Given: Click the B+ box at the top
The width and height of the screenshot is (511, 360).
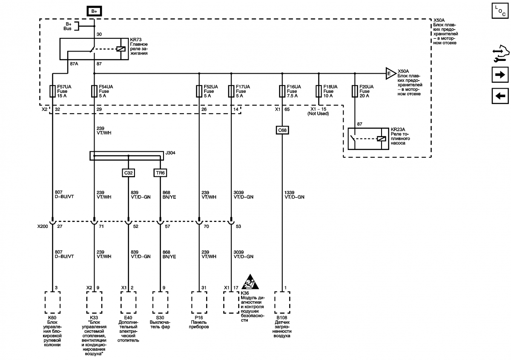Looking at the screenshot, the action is (94, 11).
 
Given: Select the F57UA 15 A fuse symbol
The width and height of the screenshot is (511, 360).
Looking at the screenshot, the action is (52, 91).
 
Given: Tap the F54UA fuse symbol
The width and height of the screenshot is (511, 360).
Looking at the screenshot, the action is (94, 91).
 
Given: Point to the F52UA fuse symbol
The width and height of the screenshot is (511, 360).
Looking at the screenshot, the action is (199, 91).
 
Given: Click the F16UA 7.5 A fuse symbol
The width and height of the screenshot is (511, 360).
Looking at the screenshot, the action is (282, 91).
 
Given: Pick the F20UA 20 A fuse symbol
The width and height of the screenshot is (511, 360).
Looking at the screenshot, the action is (355, 91).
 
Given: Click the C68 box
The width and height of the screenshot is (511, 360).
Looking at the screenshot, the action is (282, 130).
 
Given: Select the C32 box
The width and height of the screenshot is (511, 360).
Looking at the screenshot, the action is (128, 173).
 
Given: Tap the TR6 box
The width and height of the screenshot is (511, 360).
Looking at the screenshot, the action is (160, 173).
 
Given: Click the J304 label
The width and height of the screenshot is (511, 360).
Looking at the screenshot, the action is (170, 153).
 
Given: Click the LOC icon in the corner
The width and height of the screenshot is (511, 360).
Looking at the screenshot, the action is (500, 11).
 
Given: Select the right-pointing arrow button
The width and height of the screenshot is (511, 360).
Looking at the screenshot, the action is (500, 75).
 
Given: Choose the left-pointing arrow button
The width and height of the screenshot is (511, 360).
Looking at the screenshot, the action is (500, 96).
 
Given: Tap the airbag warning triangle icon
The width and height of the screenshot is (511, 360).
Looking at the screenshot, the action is (250, 282).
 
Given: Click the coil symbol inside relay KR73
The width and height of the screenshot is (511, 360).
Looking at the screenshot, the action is (121, 49).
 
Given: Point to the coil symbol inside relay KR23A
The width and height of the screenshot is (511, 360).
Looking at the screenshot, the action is (381, 138).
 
